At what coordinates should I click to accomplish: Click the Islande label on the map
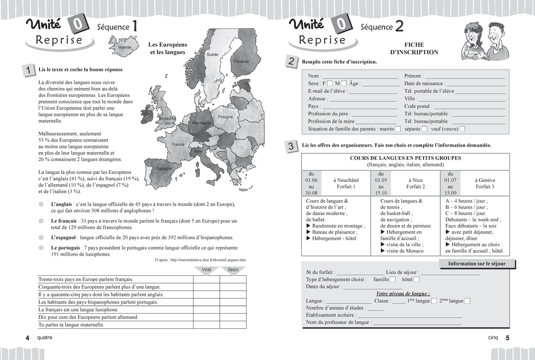(124, 47)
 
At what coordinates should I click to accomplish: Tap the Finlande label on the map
(241, 62)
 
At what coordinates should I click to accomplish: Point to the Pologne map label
(225, 117)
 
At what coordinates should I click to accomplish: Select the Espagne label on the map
(164, 168)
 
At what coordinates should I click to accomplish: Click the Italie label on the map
(198, 152)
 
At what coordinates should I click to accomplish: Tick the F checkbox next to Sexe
(330, 83)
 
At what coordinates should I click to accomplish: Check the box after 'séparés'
(424, 129)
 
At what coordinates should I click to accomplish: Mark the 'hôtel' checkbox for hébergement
(416, 280)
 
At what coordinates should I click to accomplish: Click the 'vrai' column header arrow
(206, 270)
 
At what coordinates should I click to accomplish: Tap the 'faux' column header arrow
(233, 270)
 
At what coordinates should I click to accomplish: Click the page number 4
(27, 338)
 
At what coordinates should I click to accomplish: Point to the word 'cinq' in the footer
(493, 338)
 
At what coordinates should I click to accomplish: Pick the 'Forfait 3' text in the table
(485, 187)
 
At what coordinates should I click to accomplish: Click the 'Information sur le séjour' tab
(477, 264)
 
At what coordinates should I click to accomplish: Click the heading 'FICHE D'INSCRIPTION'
(414, 49)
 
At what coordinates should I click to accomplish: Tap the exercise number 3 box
(291, 146)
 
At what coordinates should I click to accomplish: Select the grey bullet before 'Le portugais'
(41, 248)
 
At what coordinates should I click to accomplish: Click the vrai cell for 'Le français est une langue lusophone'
(206, 310)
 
